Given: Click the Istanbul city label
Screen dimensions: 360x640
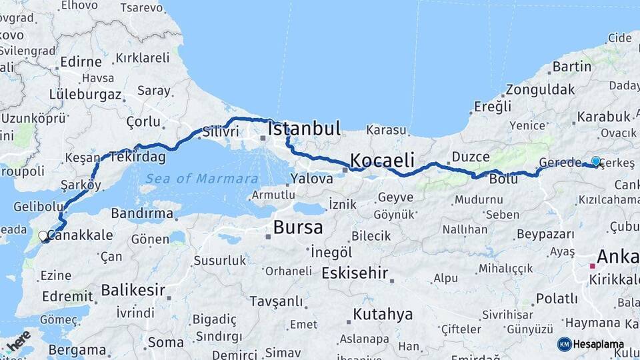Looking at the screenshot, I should (x=304, y=128).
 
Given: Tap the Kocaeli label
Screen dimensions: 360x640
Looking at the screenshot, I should (x=382, y=160).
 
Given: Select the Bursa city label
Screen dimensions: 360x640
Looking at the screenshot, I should (x=298, y=227).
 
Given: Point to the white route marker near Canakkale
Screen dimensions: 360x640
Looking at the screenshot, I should (x=43, y=236).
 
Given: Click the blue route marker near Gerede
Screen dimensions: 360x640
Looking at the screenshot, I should (x=596, y=161).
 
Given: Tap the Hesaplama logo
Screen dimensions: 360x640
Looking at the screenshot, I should (x=591, y=344).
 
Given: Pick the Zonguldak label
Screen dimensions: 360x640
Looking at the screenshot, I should (x=540, y=89).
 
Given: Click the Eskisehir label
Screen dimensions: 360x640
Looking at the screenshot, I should (x=355, y=273).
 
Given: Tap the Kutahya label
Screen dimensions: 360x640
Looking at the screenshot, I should (x=383, y=313).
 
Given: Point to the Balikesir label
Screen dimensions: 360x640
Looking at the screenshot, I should (x=133, y=290).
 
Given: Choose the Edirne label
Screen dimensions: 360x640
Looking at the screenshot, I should (x=81, y=62).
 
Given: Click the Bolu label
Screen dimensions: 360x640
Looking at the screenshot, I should (x=503, y=179).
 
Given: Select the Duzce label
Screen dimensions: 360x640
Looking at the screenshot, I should (x=471, y=157).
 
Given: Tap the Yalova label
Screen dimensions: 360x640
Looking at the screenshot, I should (x=311, y=179).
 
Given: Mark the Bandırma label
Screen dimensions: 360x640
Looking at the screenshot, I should (x=142, y=213).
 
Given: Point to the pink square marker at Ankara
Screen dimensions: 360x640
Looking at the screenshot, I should (x=591, y=266).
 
